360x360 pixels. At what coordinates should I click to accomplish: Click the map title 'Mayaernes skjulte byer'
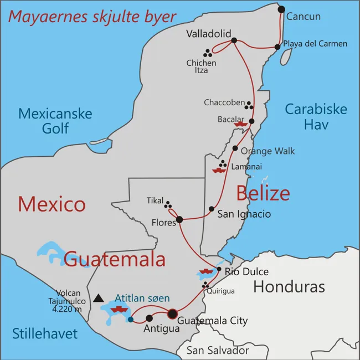[92, 16]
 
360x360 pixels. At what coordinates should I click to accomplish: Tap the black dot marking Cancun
[281, 9]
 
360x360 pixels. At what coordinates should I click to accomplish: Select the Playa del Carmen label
[315, 44]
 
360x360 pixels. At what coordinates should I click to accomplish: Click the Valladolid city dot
[234, 40]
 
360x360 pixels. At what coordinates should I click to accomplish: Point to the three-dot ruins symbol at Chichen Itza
[208, 53]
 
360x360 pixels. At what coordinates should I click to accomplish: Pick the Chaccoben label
[223, 102]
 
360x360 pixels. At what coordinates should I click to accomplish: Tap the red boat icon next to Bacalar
[240, 125]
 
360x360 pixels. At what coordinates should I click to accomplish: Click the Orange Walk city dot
[235, 148]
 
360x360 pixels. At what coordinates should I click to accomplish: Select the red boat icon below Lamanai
[219, 171]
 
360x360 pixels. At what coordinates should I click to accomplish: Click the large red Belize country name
[263, 193]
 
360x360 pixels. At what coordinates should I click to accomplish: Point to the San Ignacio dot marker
[212, 209]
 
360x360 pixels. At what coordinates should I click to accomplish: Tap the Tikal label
[155, 200]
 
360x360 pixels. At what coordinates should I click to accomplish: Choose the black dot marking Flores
[179, 220]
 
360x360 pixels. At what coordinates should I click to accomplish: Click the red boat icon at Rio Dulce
[205, 272]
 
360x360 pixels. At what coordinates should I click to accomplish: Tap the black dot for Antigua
[149, 318]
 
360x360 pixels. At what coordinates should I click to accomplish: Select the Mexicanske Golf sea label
[55, 121]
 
